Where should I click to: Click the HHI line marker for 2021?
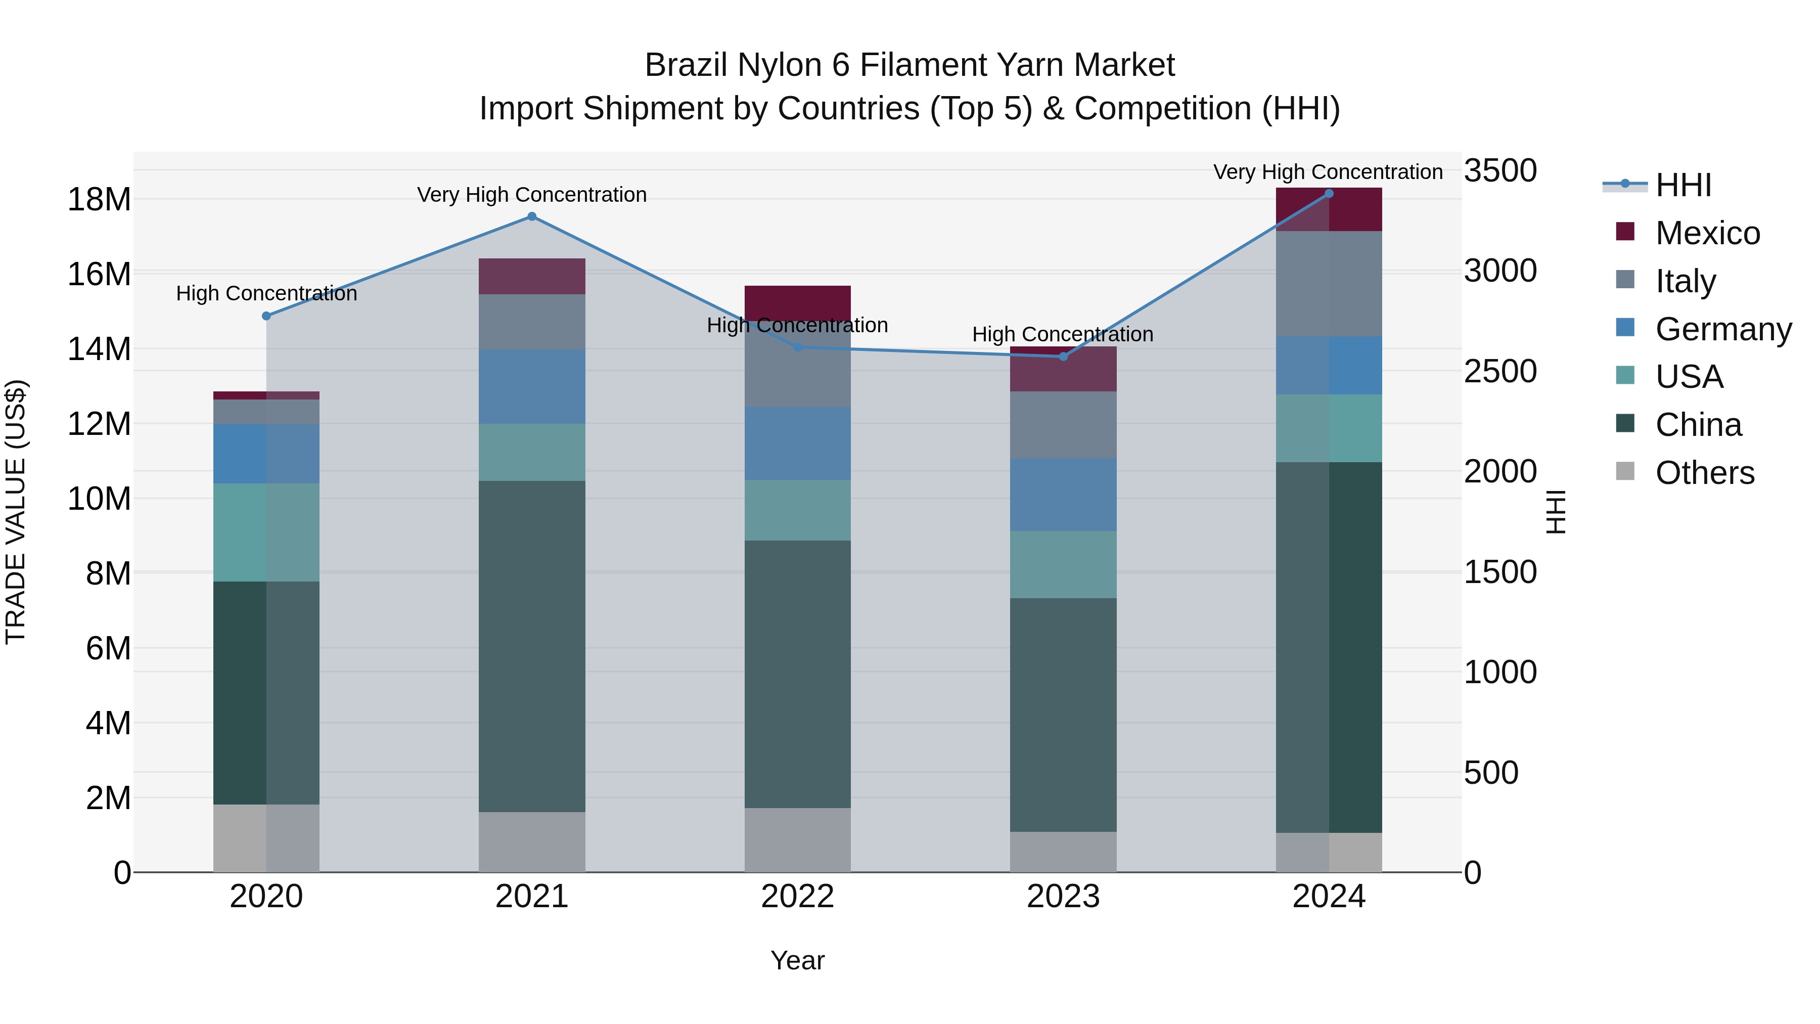coord(532,217)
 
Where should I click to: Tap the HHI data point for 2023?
coord(1063,357)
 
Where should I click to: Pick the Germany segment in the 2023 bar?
coord(1063,494)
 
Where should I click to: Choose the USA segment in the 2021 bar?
coord(532,452)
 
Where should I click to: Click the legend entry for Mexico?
coord(1707,233)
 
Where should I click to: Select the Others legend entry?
coord(1704,473)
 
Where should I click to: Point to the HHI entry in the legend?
coord(1683,185)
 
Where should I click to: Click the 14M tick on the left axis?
coord(99,349)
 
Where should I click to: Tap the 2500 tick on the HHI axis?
coord(1499,372)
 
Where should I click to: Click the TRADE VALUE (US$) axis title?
coord(16,512)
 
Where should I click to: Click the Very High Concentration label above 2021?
coord(532,194)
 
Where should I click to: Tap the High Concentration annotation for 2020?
coord(266,293)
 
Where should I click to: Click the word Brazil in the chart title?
coord(686,65)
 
